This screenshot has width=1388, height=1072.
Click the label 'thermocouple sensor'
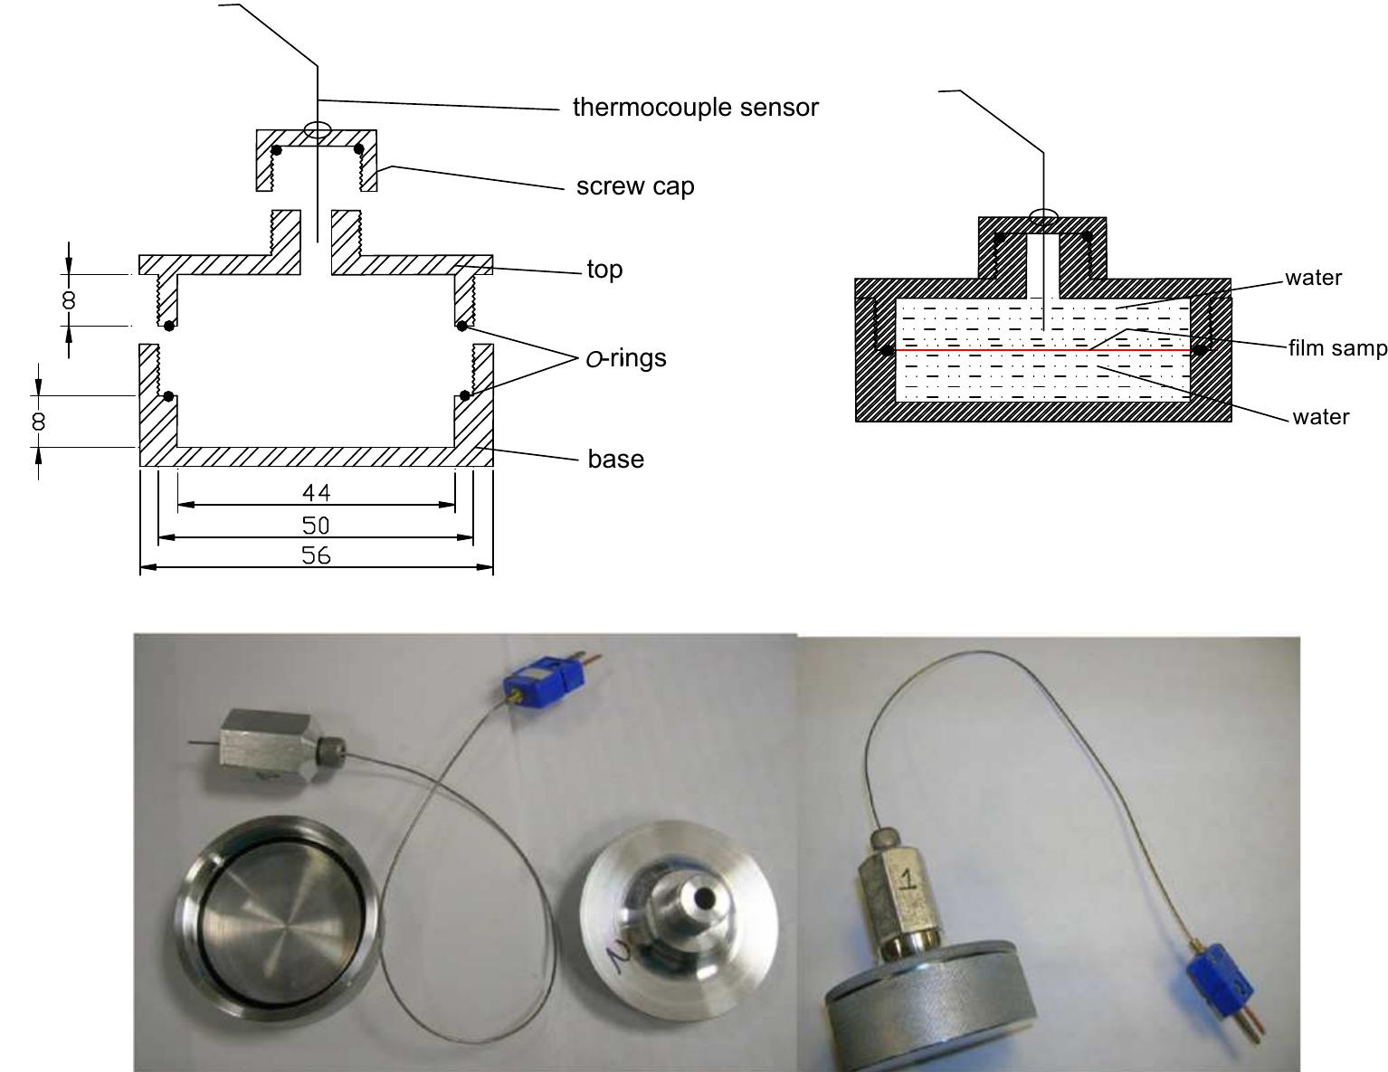tap(695, 108)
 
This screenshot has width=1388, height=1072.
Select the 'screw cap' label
tap(635, 186)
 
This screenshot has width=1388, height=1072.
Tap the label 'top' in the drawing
tap(604, 270)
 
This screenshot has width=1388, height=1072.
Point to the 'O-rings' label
tap(626, 358)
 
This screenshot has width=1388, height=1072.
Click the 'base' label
tap(615, 459)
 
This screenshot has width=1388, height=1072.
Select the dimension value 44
tap(316, 493)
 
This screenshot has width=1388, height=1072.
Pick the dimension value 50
tap(316, 525)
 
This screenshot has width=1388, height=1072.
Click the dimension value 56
tap(316, 555)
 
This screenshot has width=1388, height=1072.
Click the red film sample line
tap(1041, 349)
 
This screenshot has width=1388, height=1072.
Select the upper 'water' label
tap(1313, 278)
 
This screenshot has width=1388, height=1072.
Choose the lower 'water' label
tap(1320, 417)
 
